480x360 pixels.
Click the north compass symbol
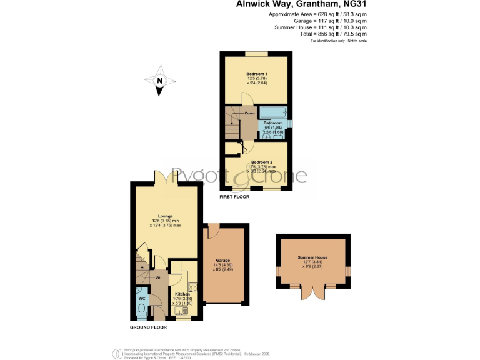pyautogui.click(x=159, y=81)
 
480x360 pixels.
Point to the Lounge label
pyautogui.click(x=166, y=217)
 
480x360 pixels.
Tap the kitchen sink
pyautogui.click(x=182, y=309)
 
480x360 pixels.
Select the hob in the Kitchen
pyautogui.click(x=193, y=287)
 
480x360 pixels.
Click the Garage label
pyautogui.click(x=223, y=260)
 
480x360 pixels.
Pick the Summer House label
pyautogui.click(x=312, y=257)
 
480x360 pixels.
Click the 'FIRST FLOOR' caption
pyautogui.click(x=234, y=197)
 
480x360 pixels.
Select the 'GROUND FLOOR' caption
pyautogui.click(x=148, y=327)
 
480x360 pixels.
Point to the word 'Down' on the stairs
pyautogui.click(x=249, y=113)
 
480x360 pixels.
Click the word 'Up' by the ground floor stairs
pyautogui.click(x=157, y=277)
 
